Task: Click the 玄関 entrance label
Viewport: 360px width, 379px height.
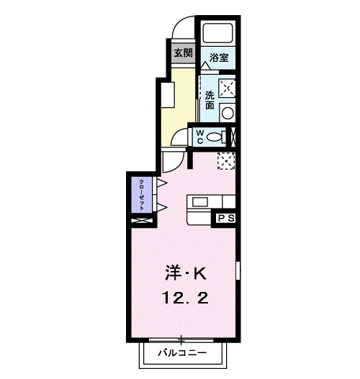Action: coord(183,52)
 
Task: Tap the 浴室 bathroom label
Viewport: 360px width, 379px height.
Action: coord(219,58)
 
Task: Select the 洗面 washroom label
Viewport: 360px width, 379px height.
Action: coord(210,100)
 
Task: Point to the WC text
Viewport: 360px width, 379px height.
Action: coord(201,137)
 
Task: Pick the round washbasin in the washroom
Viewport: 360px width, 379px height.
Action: coord(227,111)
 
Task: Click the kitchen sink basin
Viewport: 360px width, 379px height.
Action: coord(199,202)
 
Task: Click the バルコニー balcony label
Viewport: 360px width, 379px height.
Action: coord(183,355)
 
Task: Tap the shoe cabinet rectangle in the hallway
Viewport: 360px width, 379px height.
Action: coord(166,97)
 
